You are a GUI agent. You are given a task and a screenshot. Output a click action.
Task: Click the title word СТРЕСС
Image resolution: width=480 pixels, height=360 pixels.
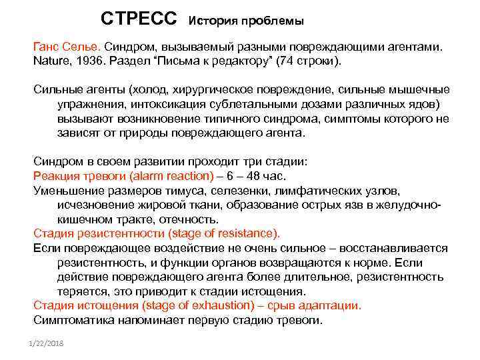pyautogui.click(x=139, y=18)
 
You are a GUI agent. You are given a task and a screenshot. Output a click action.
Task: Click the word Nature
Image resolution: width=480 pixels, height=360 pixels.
pyautogui.click(x=52, y=61)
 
